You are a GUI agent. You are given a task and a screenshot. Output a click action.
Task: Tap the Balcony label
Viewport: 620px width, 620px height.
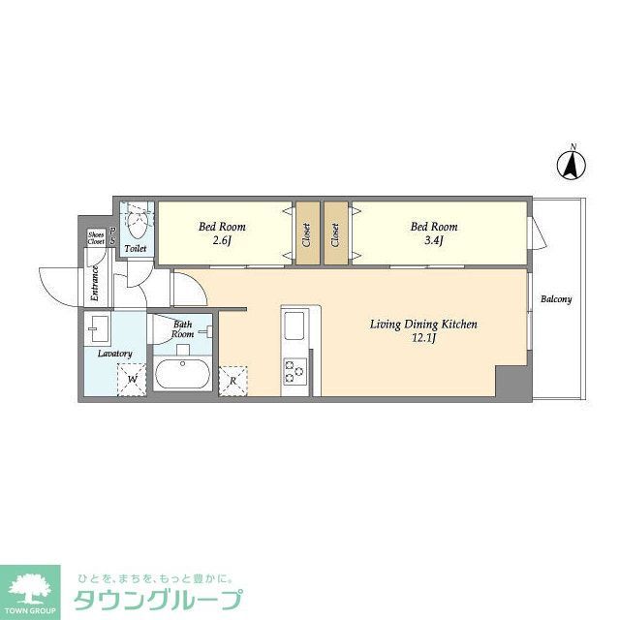click(x=556, y=299)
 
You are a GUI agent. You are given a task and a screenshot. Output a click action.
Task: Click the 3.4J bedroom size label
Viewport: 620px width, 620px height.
click(x=433, y=240)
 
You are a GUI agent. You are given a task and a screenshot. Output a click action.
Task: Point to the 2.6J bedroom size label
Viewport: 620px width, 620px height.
click(x=221, y=240)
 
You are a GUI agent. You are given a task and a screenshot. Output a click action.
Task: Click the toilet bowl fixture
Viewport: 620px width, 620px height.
click(x=137, y=227)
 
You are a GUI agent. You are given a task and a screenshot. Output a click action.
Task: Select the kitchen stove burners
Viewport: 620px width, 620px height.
click(x=294, y=369)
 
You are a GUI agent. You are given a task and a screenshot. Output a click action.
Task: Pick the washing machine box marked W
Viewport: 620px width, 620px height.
click(x=133, y=379)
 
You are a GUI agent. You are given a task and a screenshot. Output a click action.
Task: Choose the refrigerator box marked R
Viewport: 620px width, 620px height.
click(x=232, y=380)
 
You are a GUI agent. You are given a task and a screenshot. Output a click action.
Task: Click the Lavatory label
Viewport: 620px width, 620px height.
click(x=114, y=354)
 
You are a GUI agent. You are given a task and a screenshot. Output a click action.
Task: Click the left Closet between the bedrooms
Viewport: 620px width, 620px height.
click(x=306, y=233)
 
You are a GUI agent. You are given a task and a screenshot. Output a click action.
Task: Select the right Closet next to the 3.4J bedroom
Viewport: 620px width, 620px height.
click(x=335, y=233)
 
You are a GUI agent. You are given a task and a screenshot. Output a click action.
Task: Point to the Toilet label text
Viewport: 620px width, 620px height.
click(x=136, y=250)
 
